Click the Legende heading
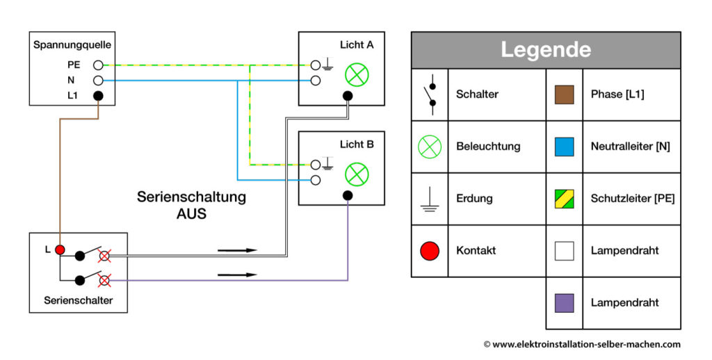click(545, 50)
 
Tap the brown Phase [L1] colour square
click(564, 94)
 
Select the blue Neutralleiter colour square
click(564, 146)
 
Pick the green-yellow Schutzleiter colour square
click(564, 199)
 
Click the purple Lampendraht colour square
click(564, 302)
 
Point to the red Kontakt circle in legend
click(430, 250)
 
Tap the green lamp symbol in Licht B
click(357, 174)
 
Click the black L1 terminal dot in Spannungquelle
click(98, 96)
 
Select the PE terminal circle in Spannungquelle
click(98, 65)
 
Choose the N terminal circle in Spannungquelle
click(98, 81)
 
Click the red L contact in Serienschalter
click(60, 249)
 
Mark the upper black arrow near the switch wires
click(237, 250)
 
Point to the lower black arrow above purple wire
click(237, 275)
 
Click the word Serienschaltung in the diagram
click(191, 197)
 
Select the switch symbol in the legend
click(430, 95)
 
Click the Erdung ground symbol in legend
click(430, 199)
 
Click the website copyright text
click(581, 344)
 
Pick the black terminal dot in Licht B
click(348, 196)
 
